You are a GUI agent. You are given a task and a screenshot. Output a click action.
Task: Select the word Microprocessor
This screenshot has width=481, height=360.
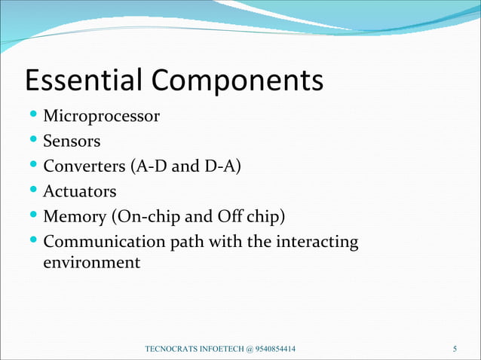click(102, 117)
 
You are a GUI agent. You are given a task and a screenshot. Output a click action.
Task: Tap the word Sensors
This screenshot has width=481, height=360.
click(72, 142)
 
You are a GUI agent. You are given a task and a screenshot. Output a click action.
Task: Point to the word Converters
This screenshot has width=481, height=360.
click(85, 166)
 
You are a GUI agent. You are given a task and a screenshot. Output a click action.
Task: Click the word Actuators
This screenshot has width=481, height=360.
click(80, 191)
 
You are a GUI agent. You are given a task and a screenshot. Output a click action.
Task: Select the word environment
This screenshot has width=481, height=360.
click(92, 263)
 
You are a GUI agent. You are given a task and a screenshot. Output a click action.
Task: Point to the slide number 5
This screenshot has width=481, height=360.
click(455, 349)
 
